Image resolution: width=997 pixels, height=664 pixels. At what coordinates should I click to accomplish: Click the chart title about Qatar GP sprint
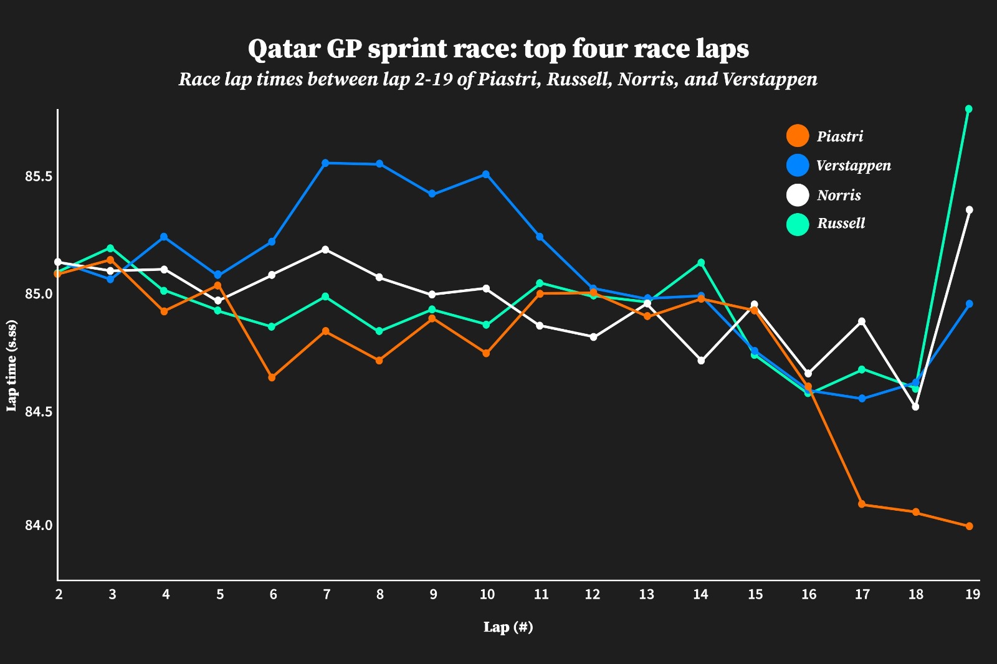(498, 49)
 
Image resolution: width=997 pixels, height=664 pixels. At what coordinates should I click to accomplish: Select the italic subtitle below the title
(498, 80)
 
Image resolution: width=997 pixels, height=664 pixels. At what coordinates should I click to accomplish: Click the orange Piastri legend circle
(798, 136)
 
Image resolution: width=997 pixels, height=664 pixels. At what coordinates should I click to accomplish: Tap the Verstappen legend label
(854, 166)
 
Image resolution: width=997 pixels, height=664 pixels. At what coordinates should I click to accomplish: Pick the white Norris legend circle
(798, 195)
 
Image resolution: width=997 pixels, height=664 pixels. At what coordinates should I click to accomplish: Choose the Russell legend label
(841, 224)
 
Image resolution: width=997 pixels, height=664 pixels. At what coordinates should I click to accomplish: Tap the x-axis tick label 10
(487, 594)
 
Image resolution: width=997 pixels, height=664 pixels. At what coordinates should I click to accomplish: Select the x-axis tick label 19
(971, 594)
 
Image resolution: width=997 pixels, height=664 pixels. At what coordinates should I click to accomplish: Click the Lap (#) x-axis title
(508, 627)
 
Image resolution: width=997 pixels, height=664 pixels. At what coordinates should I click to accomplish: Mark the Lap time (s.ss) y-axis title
(12, 366)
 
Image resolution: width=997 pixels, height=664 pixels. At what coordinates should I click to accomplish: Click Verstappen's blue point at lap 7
(325, 163)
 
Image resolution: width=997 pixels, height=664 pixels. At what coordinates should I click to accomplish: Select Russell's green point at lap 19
(969, 109)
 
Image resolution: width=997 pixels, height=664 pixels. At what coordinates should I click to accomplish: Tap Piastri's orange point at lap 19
(969, 526)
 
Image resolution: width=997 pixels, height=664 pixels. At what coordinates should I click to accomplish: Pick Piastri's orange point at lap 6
(272, 377)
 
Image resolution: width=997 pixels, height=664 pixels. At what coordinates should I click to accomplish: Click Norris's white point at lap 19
(969, 210)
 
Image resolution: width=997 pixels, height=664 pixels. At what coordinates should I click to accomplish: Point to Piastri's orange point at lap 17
(862, 505)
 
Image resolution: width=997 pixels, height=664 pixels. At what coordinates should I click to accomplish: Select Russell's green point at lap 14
(701, 262)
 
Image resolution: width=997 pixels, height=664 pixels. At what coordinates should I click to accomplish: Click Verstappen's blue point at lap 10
(486, 174)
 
